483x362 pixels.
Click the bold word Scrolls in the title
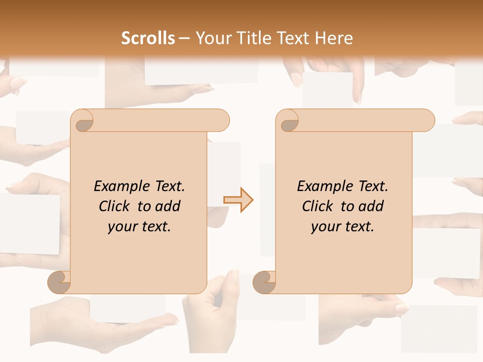point(148,38)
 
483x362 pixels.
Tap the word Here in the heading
point(334,38)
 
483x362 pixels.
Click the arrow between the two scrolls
point(238,200)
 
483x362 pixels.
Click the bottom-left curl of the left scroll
point(60,282)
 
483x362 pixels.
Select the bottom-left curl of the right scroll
point(265,282)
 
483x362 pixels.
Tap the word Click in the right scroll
point(317,206)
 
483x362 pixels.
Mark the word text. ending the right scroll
point(358,226)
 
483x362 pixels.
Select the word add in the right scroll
point(372,206)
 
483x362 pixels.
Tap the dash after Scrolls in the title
point(184,38)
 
